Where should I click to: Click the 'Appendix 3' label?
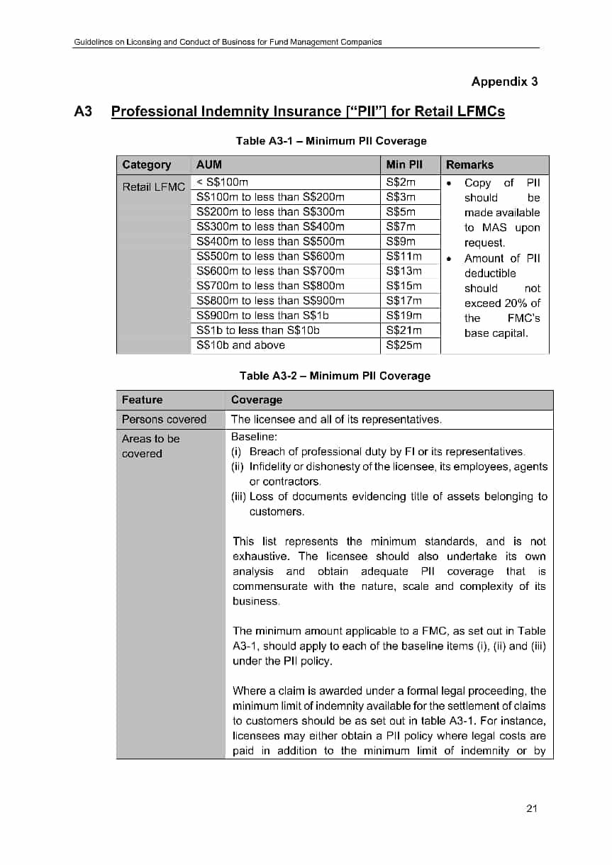504,82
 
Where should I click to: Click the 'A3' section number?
84,111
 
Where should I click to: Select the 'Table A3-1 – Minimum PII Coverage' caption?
331,141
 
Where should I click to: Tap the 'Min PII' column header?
404,164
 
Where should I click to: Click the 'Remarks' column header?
469,164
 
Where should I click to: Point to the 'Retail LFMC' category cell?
153,187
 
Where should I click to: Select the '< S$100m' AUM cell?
222,182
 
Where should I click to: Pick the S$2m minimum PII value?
401,182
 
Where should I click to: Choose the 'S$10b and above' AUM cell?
240,345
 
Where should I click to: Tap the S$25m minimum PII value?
404,345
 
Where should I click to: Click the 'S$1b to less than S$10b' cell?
258,330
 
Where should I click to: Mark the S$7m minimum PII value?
401,227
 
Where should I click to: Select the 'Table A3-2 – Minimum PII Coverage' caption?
335,376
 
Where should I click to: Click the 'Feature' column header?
142,400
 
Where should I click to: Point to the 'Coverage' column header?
256,400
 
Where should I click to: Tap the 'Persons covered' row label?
164,419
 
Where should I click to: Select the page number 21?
533,808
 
